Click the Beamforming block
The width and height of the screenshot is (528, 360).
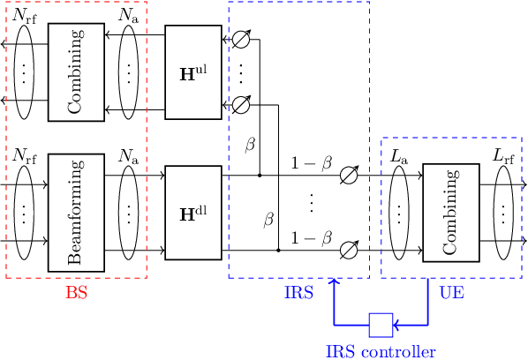click(x=77, y=213)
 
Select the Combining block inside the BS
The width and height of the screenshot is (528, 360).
click(x=77, y=72)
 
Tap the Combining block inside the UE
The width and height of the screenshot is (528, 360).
click(x=451, y=213)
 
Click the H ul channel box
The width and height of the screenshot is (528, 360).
click(x=193, y=72)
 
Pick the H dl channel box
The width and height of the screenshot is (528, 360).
click(x=193, y=213)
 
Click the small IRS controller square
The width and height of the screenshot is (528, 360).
click(x=381, y=325)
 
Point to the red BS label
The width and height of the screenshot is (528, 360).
click(x=77, y=292)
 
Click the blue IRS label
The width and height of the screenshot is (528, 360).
click(x=299, y=292)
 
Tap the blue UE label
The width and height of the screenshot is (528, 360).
click(x=452, y=292)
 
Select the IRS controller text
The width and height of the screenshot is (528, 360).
click(x=381, y=351)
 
